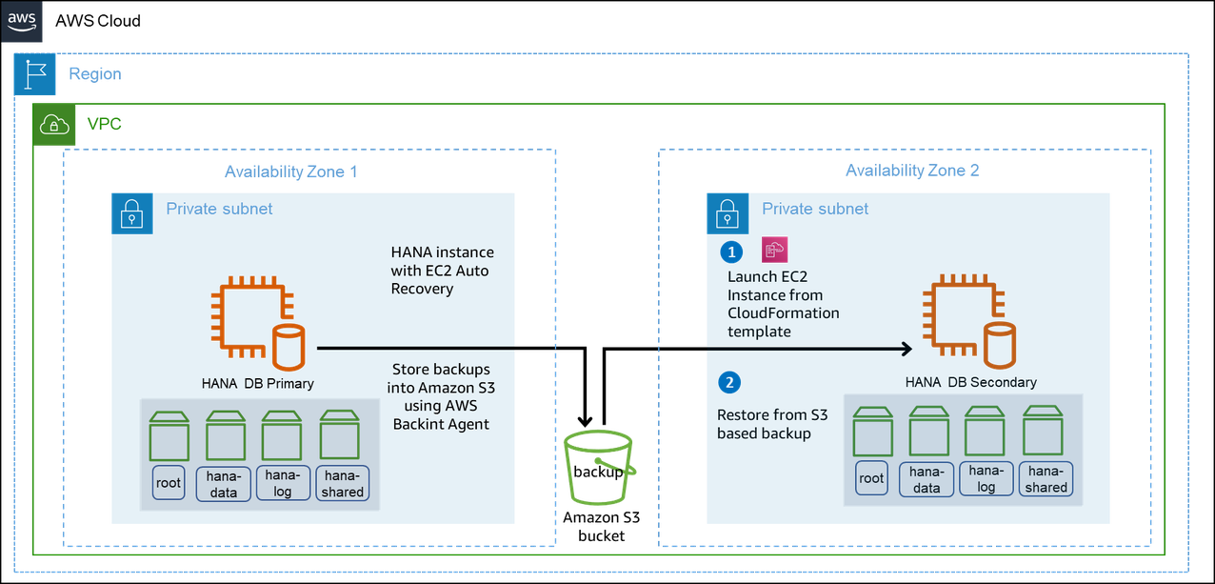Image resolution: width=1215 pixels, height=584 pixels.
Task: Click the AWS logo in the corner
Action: [x=22, y=20]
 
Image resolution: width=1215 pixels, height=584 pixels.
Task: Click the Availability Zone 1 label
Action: [x=290, y=171]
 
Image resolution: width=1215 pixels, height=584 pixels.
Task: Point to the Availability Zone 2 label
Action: [x=912, y=171]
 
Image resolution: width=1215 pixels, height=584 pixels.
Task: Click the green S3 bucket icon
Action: [x=599, y=466]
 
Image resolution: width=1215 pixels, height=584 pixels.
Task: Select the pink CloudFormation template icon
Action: [x=773, y=251]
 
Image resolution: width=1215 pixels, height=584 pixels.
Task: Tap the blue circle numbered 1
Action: [x=731, y=252]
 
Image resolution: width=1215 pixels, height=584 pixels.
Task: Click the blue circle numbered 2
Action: [x=730, y=383]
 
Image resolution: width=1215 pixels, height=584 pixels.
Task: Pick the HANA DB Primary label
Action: [x=257, y=384]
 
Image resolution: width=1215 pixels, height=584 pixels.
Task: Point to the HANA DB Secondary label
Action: [x=970, y=382]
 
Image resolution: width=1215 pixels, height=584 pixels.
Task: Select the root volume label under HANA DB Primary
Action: [x=169, y=483]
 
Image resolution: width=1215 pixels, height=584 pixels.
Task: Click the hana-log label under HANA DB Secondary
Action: [x=986, y=478]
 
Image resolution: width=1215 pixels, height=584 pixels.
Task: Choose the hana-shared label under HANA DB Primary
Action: [x=342, y=483]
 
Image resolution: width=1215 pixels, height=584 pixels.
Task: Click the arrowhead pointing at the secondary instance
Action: [x=906, y=348]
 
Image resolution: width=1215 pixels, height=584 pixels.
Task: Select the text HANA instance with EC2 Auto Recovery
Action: [x=442, y=271]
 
